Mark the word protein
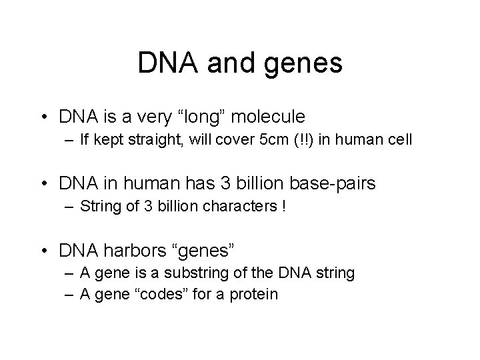click(x=255, y=293)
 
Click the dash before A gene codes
click(x=70, y=293)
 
